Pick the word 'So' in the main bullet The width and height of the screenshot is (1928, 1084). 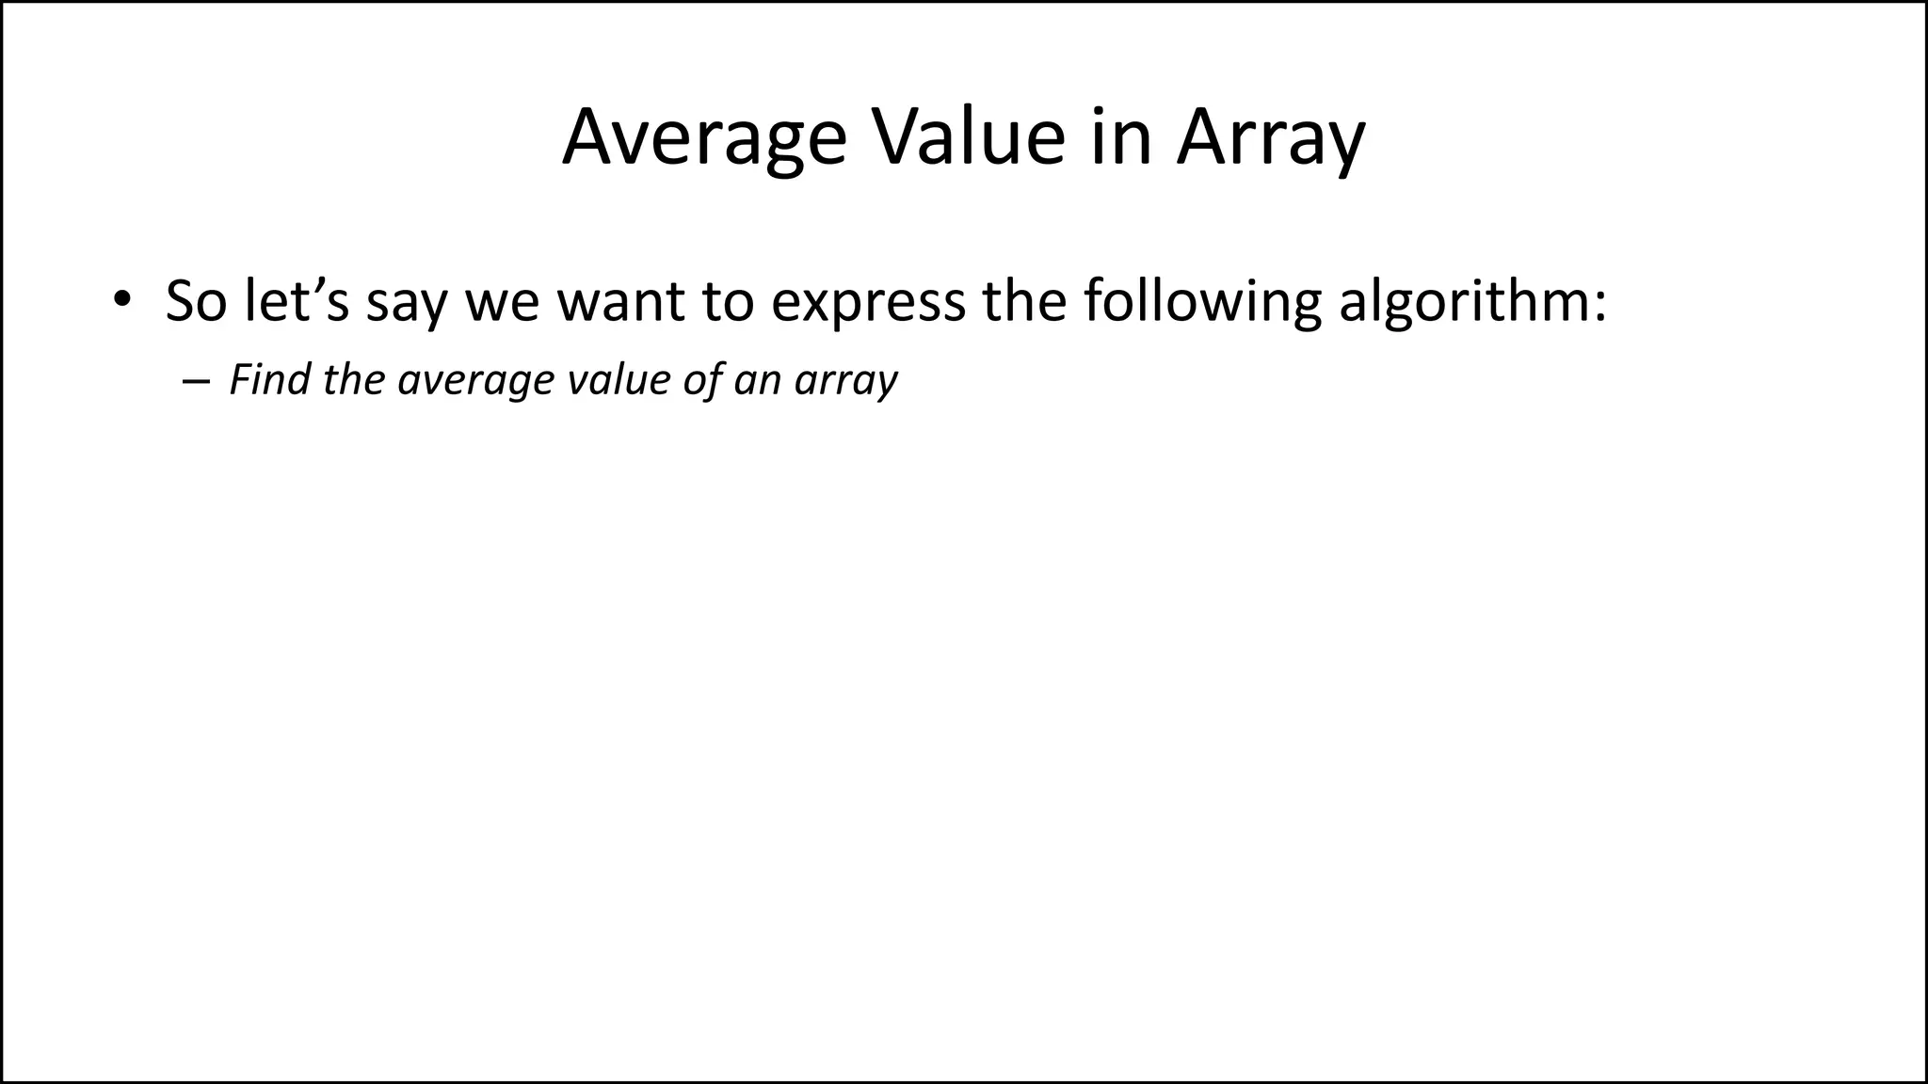click(196, 301)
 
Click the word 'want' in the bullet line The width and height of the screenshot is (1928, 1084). click(621, 301)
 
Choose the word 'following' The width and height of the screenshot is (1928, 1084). click(1201, 301)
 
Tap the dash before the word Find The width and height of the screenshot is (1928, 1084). click(195, 381)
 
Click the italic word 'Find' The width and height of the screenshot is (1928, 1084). click(270, 379)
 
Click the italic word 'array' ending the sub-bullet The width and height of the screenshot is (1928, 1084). click(845, 381)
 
